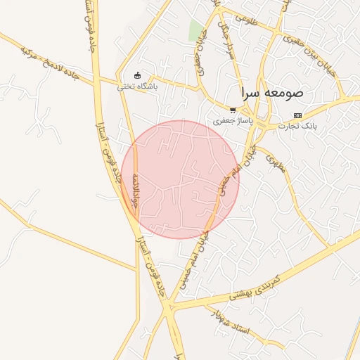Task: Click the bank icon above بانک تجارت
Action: point(298,115)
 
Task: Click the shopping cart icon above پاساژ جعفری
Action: point(233,110)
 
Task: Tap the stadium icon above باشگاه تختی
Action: point(137,76)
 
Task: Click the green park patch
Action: point(196,30)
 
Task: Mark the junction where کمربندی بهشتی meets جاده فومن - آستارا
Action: point(169,307)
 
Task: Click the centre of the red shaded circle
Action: point(180,179)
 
